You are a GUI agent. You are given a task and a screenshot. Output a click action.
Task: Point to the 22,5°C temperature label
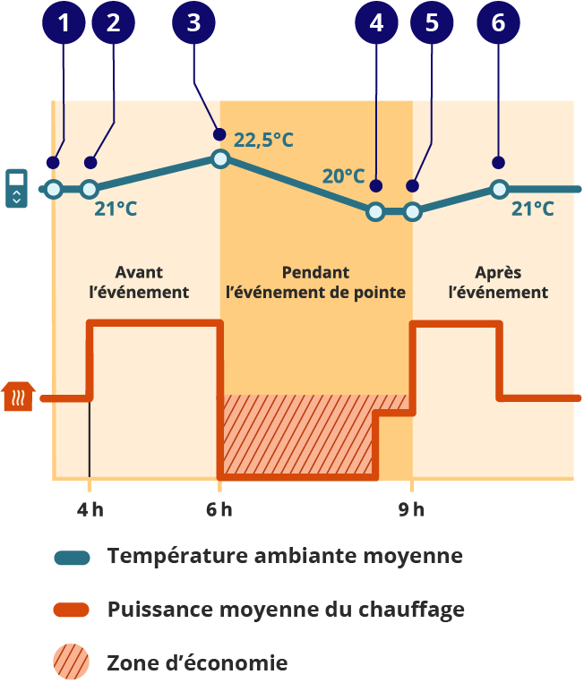(x=263, y=140)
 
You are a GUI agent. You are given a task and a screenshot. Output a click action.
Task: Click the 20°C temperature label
(x=343, y=176)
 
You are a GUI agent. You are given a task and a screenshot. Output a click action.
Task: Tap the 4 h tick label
(x=90, y=510)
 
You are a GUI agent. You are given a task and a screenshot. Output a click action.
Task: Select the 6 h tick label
(x=219, y=510)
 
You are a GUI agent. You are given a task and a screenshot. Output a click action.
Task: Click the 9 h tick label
(x=411, y=510)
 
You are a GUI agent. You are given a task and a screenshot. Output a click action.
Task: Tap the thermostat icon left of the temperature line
(x=16, y=188)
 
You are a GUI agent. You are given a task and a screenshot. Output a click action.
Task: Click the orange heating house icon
(x=19, y=396)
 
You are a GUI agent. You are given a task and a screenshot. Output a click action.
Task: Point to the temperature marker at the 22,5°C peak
(x=220, y=158)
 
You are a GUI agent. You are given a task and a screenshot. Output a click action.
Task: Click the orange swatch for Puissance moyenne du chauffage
(x=72, y=610)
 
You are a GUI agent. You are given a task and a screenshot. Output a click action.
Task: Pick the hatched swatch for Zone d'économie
(x=72, y=663)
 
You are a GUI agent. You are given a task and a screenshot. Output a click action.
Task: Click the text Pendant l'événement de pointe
(x=315, y=282)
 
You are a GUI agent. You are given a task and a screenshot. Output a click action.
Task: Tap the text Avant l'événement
(x=140, y=282)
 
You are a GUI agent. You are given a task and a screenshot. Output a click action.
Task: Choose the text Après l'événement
(x=498, y=282)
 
